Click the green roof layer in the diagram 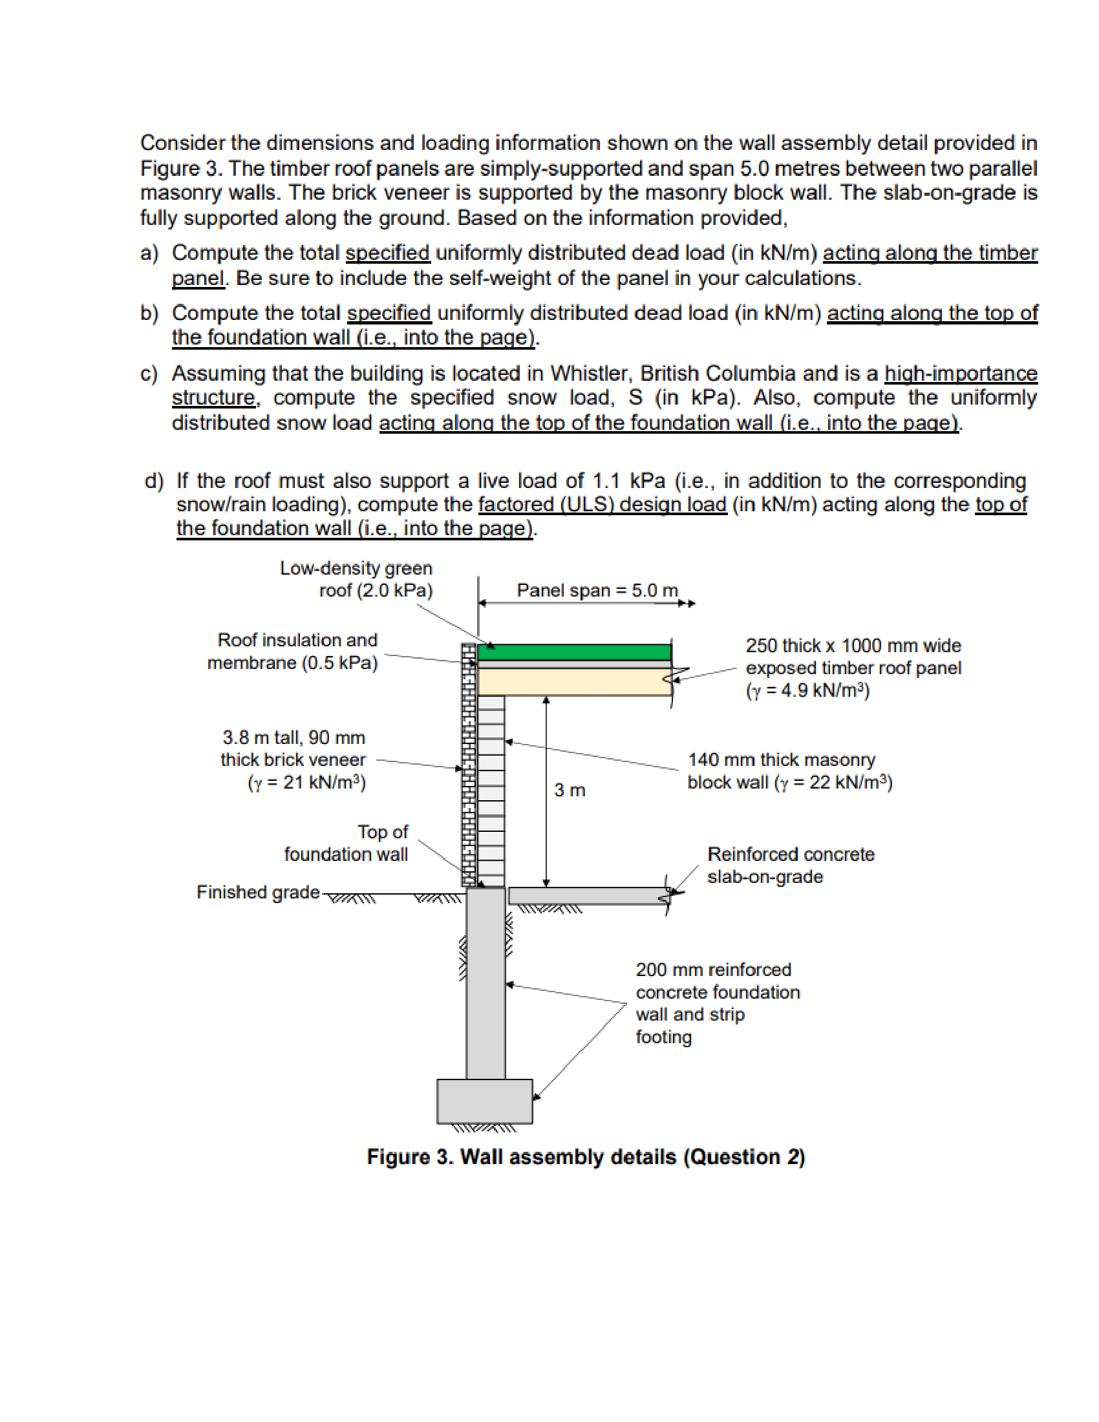pyautogui.click(x=573, y=652)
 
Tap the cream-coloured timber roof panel pyautogui.click(x=573, y=682)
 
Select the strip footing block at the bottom pyautogui.click(x=484, y=1101)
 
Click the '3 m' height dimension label pyautogui.click(x=569, y=790)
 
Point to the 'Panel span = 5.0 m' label pyautogui.click(x=597, y=590)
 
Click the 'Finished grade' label pyautogui.click(x=258, y=891)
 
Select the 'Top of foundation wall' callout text pyautogui.click(x=346, y=842)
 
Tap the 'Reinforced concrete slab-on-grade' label pyautogui.click(x=790, y=865)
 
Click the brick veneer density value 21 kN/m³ pyautogui.click(x=306, y=782)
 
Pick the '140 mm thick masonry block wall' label pyautogui.click(x=789, y=770)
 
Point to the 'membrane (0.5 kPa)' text pyautogui.click(x=292, y=662)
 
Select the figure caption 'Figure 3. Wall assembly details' pyautogui.click(x=586, y=1157)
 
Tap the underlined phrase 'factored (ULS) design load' pyautogui.click(x=602, y=504)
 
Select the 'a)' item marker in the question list pyautogui.click(x=149, y=253)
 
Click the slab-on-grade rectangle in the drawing pyautogui.click(x=586, y=895)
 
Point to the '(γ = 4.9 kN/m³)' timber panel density pyautogui.click(x=807, y=690)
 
